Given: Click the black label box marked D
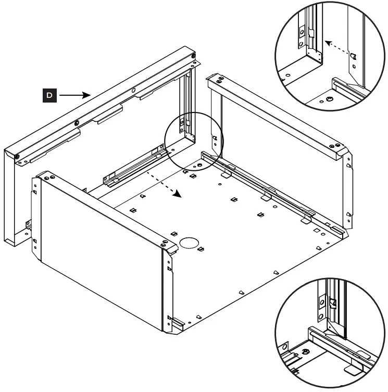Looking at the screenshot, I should click(x=49, y=95).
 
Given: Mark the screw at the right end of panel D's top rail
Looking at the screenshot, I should click(x=193, y=56).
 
